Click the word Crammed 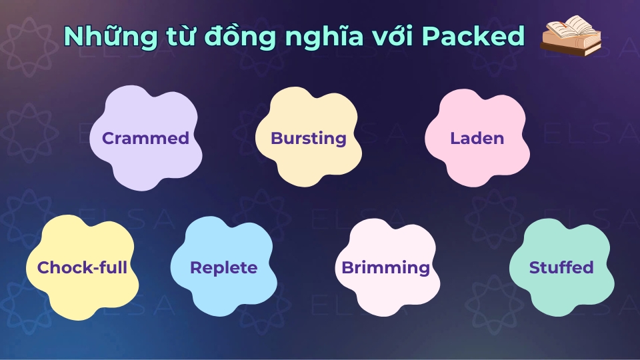pos(145,139)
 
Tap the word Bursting pos(308,139)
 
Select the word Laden pos(477,139)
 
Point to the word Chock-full pos(82,268)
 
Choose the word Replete pos(223,268)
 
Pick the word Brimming pos(385,268)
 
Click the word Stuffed pos(561,268)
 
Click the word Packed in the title pos(474,37)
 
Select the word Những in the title pos(101,37)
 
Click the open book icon pos(571,37)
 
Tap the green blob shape pos(561,293)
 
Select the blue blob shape pos(220,300)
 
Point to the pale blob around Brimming pos(387,300)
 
